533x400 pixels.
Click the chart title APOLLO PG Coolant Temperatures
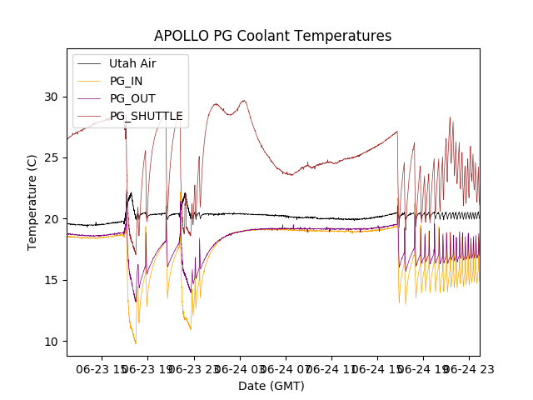272,36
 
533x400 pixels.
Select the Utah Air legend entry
132,63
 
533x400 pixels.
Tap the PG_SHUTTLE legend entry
146,116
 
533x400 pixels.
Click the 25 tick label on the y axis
52,157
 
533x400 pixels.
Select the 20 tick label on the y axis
52,219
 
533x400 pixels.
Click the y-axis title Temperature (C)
32,202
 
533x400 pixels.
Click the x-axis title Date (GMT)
271,386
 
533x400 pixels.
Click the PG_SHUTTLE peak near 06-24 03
244,101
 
